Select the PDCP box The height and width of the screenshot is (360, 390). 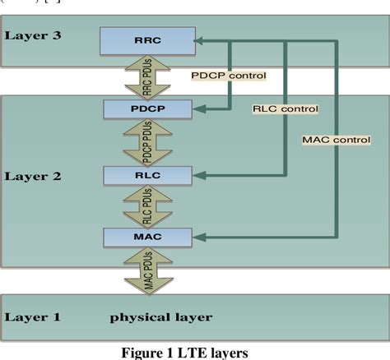[147, 108]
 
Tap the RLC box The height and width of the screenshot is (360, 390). [147, 174]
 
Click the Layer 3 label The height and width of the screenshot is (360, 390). [33, 35]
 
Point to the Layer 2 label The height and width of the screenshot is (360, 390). [33, 176]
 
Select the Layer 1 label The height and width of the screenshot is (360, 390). [33, 316]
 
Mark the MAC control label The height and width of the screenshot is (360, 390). [335, 141]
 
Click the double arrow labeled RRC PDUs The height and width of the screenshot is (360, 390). [146, 74]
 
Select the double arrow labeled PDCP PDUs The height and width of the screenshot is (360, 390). [146, 141]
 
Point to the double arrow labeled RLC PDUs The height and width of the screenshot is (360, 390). [146, 206]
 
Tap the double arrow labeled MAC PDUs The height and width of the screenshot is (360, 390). [146, 270]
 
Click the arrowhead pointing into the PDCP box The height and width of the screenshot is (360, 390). [200, 107]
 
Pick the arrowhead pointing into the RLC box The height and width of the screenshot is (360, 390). [200, 174]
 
